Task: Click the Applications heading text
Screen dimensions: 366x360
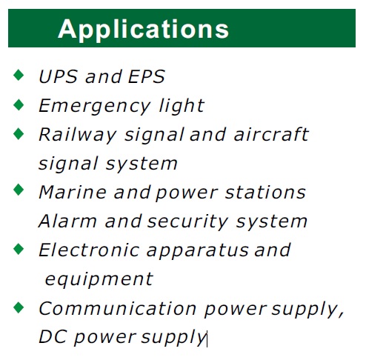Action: (x=143, y=30)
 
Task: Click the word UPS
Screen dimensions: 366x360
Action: (x=59, y=76)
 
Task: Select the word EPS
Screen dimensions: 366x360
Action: (x=147, y=76)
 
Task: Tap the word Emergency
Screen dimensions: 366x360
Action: (x=95, y=107)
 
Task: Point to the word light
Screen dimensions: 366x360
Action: (x=182, y=107)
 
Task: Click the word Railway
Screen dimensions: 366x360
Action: (x=78, y=136)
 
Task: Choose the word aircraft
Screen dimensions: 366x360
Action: (x=271, y=134)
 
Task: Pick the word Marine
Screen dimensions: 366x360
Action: (x=73, y=192)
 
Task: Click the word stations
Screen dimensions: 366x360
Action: (x=265, y=192)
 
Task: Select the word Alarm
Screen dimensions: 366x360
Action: (x=67, y=221)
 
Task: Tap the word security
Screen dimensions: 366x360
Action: (x=187, y=222)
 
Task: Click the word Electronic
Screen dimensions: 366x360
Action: (x=89, y=250)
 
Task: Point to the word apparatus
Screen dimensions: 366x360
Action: (x=197, y=251)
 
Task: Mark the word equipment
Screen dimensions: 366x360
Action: (x=99, y=280)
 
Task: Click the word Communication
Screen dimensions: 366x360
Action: (x=118, y=309)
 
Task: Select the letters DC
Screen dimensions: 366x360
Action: (x=53, y=337)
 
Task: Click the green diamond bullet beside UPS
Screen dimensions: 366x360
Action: (x=19, y=75)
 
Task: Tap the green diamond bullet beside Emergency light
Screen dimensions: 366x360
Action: (x=19, y=104)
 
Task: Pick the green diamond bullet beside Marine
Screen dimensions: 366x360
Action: (x=19, y=190)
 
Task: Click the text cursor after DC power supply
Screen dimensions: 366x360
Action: (x=207, y=339)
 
